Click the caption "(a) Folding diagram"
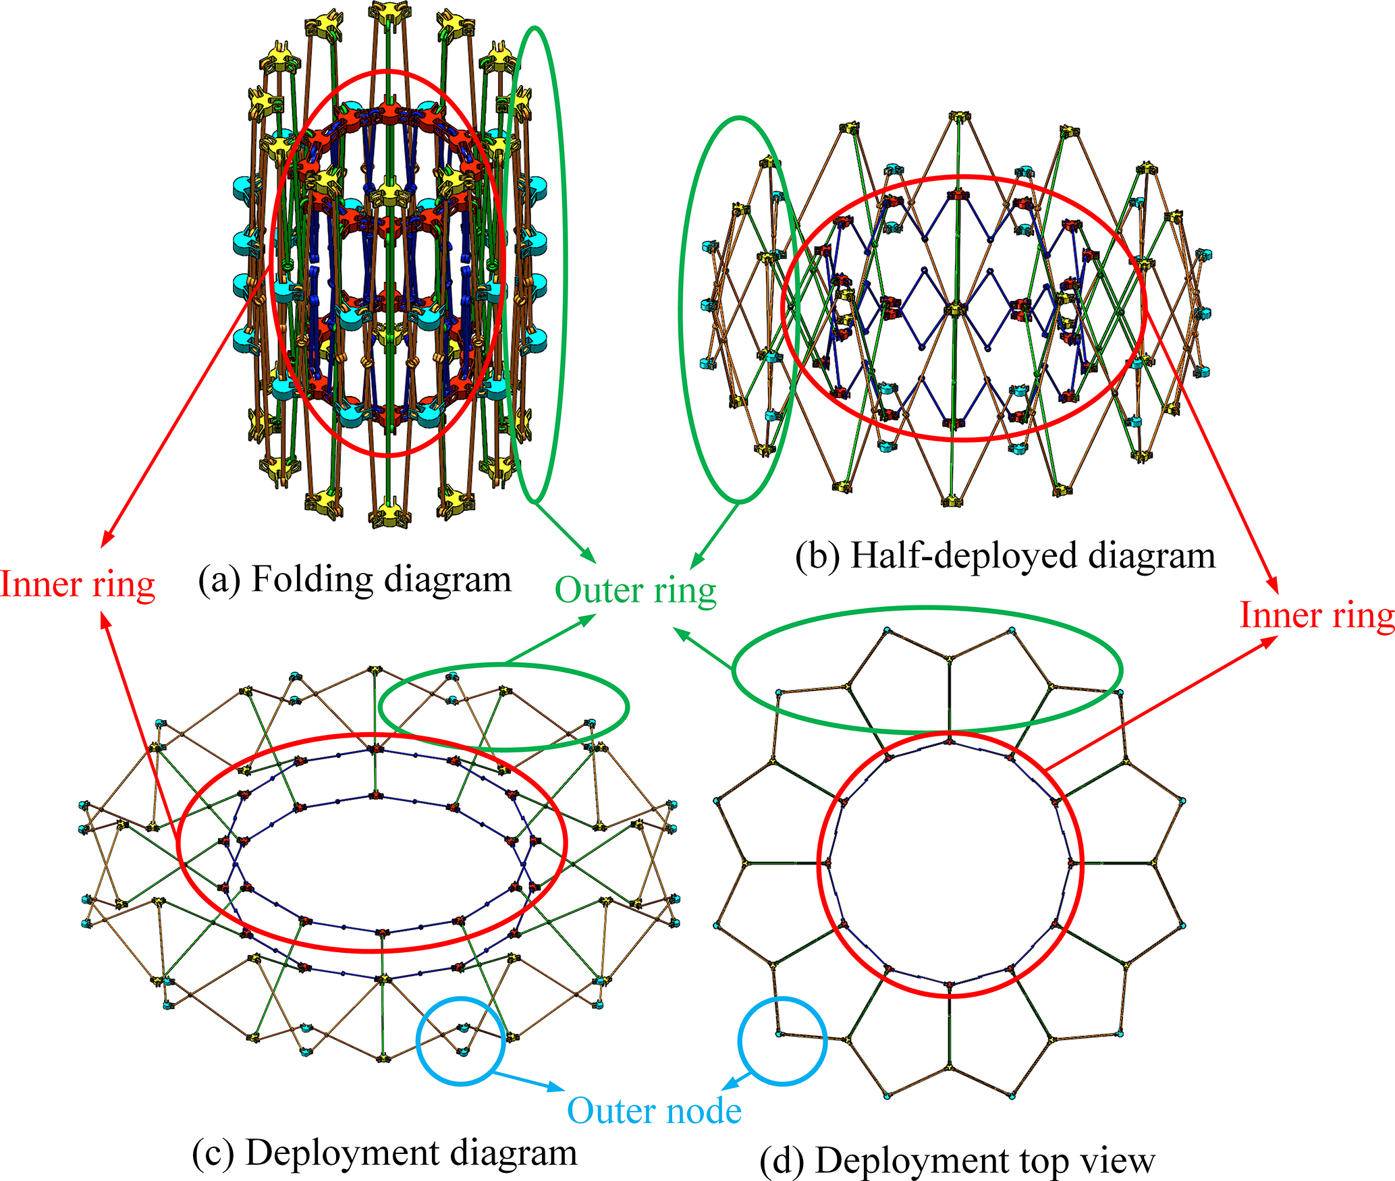click(x=355, y=579)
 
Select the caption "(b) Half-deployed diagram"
click(x=1005, y=556)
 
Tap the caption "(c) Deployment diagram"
click(x=385, y=1152)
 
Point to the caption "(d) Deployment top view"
click(x=957, y=1161)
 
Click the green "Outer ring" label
click(x=635, y=590)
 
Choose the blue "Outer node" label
click(x=654, y=1110)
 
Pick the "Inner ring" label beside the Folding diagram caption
click(x=78, y=584)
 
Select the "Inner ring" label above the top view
click(x=1317, y=615)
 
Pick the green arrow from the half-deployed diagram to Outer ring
click(x=715, y=533)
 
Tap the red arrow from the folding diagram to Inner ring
click(x=182, y=418)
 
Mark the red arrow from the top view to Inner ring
click(x=1161, y=702)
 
